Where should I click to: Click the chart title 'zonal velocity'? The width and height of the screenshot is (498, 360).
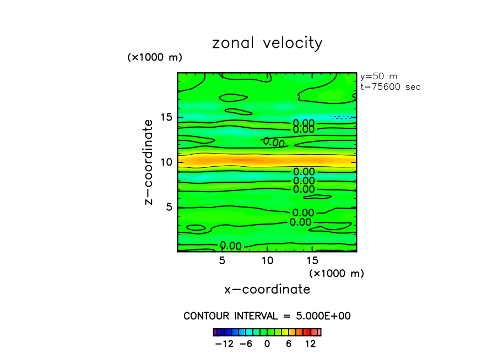(267, 43)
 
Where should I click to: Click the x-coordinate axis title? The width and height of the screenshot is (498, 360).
(267, 290)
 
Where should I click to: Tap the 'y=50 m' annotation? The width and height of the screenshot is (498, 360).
(378, 77)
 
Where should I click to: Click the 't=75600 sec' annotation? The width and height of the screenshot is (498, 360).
(390, 87)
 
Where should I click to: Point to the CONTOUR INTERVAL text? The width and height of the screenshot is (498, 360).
(267, 316)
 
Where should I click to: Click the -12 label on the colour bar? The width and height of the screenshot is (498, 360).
(224, 344)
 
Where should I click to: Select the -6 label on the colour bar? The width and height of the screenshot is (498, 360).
(246, 344)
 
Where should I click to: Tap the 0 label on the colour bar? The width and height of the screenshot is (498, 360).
(267, 344)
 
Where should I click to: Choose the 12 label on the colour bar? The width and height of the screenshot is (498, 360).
(310, 344)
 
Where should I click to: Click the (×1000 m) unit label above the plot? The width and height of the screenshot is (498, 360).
(155, 57)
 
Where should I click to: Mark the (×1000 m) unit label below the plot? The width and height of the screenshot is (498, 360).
(336, 273)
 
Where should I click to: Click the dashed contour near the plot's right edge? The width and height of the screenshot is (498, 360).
(340, 117)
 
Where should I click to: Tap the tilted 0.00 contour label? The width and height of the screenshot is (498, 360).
(274, 143)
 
